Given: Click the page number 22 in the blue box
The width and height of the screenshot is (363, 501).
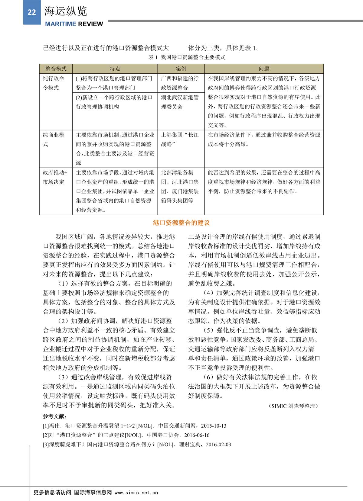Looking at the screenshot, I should click(32, 12).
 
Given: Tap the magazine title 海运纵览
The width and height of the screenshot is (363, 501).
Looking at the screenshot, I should click(65, 11).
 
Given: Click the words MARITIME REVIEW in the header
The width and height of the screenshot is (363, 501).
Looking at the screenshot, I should click(74, 24).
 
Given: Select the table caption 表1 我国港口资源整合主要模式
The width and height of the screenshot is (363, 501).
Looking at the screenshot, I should click(187, 57).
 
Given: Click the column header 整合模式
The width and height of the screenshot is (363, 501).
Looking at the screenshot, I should click(56, 69).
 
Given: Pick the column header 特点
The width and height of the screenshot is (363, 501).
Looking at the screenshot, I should click(115, 69).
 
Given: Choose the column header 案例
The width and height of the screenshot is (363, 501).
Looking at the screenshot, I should click(181, 69).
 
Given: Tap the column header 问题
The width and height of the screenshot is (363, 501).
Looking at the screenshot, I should click(264, 69).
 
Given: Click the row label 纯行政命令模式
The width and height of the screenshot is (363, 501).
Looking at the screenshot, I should click(54, 83).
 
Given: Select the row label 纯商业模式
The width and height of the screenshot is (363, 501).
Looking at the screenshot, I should click(54, 140).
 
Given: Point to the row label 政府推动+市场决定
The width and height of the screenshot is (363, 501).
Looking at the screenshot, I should click(55, 177).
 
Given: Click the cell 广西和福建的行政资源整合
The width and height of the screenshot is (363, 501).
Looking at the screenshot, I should click(180, 83).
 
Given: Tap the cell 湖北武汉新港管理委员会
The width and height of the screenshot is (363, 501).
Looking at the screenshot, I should click(180, 102).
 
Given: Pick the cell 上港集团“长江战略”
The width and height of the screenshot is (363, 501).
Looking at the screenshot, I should click(180, 140).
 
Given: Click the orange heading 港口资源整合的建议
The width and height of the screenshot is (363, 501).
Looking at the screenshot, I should click(181, 223).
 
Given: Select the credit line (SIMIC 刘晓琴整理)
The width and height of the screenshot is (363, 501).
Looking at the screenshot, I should click(293, 406).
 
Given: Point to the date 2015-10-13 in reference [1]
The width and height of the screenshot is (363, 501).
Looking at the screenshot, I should click(214, 426).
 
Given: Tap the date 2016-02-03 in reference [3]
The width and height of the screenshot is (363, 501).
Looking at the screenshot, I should click(218, 445).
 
